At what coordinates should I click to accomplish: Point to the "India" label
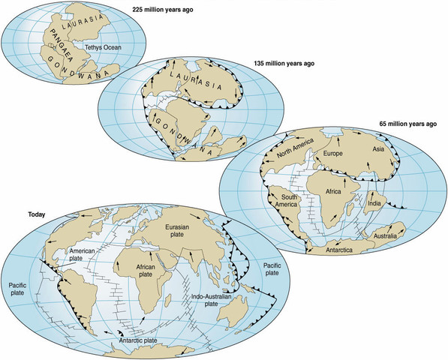[x=377, y=202]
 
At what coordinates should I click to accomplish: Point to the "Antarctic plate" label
[x=150, y=343]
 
